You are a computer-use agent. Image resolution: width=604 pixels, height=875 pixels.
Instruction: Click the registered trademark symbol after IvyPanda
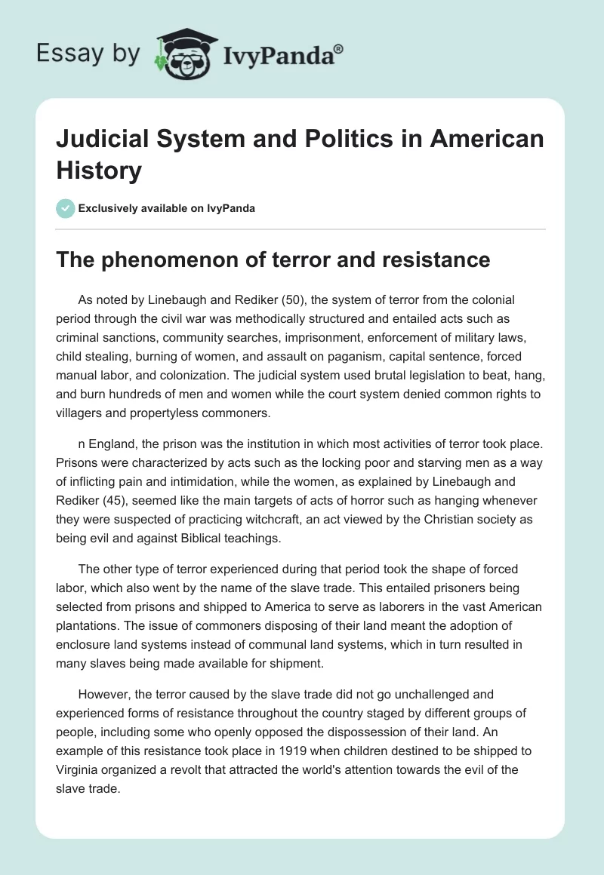click(339, 48)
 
